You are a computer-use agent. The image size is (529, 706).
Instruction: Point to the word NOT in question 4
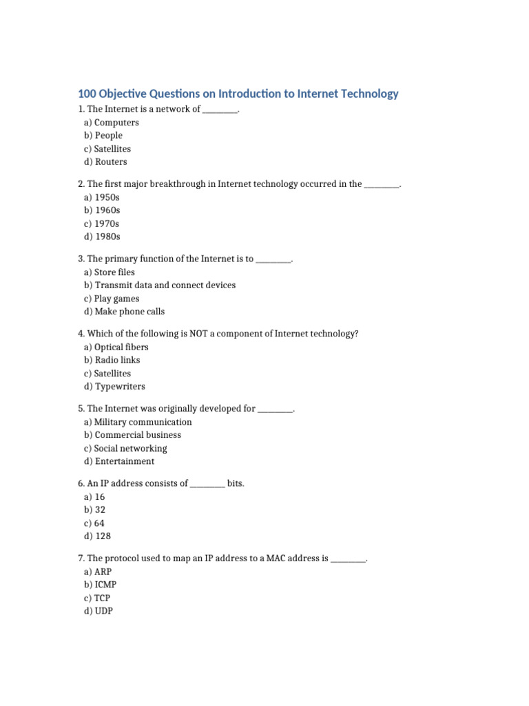[190, 334]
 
